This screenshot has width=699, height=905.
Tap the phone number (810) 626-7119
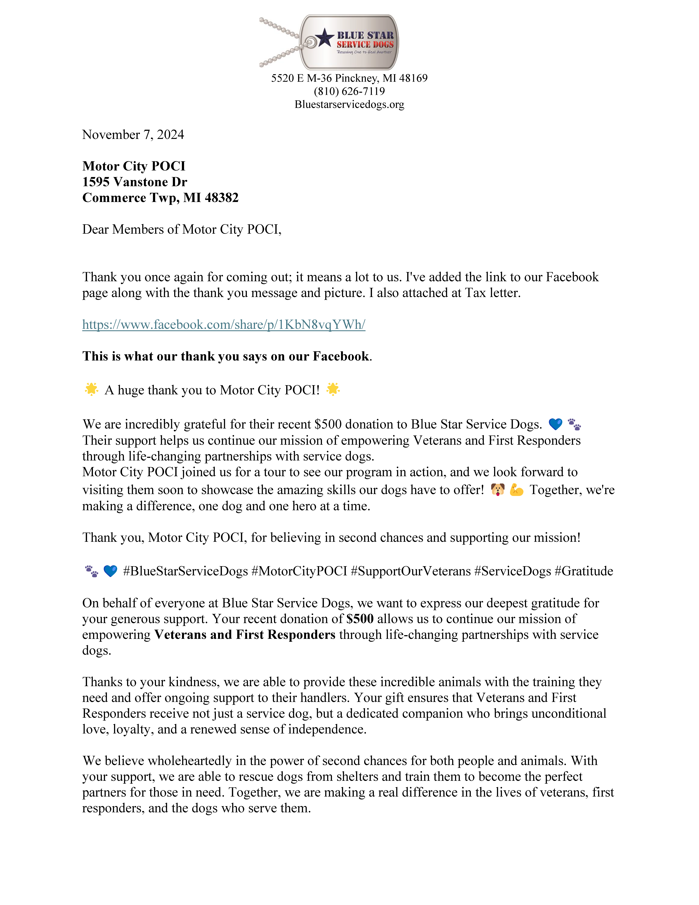[349, 91]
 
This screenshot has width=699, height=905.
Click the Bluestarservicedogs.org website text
[349, 104]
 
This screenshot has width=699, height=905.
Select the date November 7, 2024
[133, 135]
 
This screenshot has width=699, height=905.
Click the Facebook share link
[224, 324]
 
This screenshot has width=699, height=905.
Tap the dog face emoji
[497, 490]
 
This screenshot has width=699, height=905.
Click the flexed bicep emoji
[516, 490]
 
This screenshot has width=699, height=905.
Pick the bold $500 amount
[360, 619]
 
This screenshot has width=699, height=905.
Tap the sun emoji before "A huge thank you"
[91, 390]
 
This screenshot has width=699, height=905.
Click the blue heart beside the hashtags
[110, 571]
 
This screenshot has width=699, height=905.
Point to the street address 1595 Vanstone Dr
[135, 182]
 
